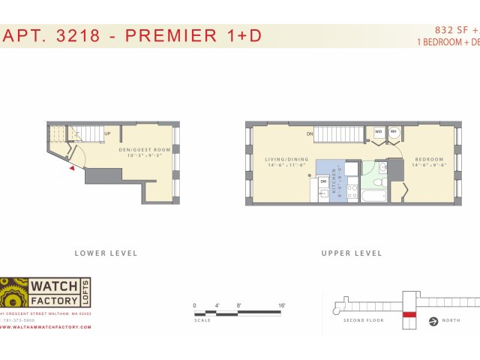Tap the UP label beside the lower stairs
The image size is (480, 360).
click(x=108, y=134)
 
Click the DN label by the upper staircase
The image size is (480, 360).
click(x=309, y=134)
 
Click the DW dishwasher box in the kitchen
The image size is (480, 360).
click(x=323, y=181)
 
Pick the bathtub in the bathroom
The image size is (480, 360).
click(x=373, y=196)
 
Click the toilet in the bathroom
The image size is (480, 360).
click(x=380, y=180)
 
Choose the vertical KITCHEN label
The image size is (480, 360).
click(x=334, y=181)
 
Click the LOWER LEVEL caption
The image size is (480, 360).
click(x=106, y=253)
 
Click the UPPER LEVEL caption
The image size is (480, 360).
click(x=352, y=253)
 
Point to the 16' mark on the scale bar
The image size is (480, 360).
click(x=282, y=305)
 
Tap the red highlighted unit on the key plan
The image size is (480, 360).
click(x=409, y=314)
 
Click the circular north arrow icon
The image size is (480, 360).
click(x=433, y=323)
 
